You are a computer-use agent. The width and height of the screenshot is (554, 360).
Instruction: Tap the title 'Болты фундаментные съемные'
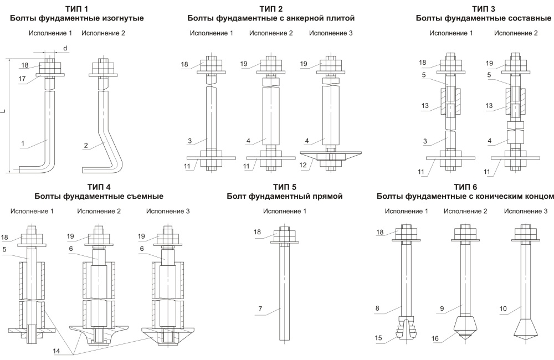(x=99, y=196)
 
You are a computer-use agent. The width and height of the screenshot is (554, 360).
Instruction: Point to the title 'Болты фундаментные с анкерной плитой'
(x=271, y=18)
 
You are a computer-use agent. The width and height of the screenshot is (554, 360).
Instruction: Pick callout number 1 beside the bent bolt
(x=23, y=145)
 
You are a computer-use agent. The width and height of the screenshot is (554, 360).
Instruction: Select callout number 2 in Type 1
(x=86, y=146)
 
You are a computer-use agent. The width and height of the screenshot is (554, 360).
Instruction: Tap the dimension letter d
(x=65, y=49)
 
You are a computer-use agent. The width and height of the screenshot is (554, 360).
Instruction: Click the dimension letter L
(x=3, y=112)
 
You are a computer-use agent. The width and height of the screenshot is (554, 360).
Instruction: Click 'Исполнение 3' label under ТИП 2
(x=331, y=33)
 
